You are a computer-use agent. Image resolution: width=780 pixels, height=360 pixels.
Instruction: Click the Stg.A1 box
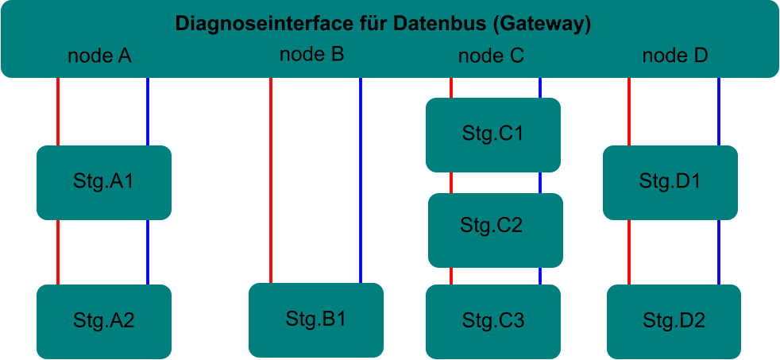coord(104,182)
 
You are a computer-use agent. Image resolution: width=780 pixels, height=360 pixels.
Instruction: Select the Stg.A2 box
coord(104,321)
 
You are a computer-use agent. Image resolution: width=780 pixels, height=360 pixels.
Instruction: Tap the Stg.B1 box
coord(316,319)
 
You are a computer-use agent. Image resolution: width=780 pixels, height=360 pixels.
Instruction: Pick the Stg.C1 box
coord(493,134)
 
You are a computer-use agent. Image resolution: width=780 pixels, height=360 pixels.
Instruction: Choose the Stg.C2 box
coord(495,230)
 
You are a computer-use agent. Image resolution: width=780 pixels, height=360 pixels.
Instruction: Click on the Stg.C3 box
coord(493,321)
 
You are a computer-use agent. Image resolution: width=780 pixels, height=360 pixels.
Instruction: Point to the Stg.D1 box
coord(670,182)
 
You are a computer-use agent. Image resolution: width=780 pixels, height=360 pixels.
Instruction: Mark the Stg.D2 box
coord(674,321)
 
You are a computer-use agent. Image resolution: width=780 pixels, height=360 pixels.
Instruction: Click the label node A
coord(99,56)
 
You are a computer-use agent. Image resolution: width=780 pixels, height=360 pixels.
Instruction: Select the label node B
coord(311,55)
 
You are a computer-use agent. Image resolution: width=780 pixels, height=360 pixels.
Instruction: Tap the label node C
coord(491,56)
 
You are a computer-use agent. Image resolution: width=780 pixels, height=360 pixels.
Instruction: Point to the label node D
coord(674,56)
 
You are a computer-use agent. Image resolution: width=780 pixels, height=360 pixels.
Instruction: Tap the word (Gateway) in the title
coord(542,23)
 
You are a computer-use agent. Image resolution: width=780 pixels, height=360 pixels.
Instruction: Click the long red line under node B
coord(271,179)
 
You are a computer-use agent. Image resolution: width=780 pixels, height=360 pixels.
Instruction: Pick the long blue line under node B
coord(361,179)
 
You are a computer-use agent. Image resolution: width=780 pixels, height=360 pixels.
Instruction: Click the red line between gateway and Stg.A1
coord(58,111)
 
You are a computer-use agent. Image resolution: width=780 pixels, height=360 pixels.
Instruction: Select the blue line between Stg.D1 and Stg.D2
coord(719,252)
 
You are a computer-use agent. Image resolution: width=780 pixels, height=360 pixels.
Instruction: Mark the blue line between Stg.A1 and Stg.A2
coord(148,252)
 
